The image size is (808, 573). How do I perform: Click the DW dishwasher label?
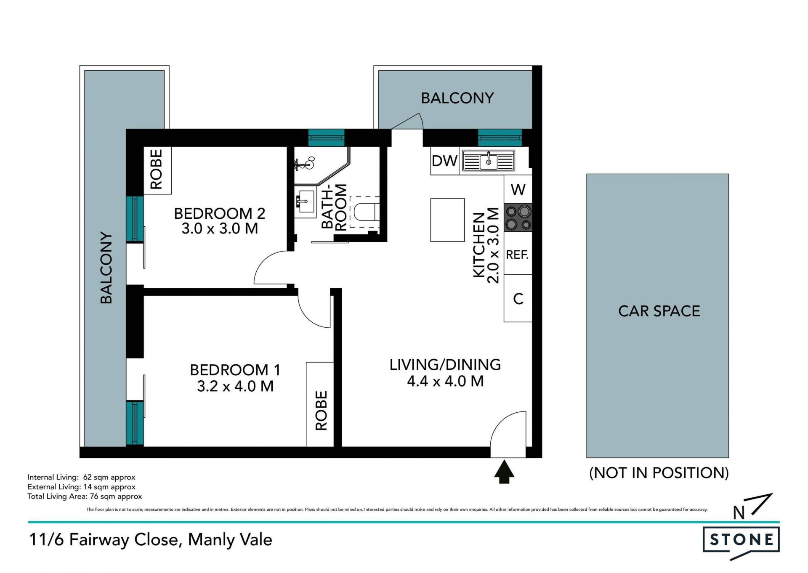[x=444, y=161]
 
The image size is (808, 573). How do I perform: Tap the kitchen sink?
[x=488, y=161]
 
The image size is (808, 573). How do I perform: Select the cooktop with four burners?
[x=518, y=218]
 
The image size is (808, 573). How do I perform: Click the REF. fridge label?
[x=517, y=255]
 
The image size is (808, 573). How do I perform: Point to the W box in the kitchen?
[x=518, y=189]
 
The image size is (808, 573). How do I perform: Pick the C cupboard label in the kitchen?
[x=518, y=299]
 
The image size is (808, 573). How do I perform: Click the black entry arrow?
[x=504, y=472]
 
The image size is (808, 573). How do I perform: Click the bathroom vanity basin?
[x=305, y=203]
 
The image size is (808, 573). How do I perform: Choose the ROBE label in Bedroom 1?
[x=321, y=411]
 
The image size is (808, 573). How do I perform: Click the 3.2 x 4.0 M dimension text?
[x=235, y=386]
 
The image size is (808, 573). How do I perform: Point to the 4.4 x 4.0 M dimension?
[x=445, y=381]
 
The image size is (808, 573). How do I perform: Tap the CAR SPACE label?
[x=659, y=311]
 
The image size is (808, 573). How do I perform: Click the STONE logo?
[x=741, y=540]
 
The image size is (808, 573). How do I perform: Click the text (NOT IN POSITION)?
[x=659, y=473]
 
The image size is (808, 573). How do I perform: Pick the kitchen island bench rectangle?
[x=447, y=220]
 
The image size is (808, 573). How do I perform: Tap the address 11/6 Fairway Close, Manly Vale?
[x=151, y=540]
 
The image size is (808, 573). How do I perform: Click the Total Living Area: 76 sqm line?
[x=85, y=496]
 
